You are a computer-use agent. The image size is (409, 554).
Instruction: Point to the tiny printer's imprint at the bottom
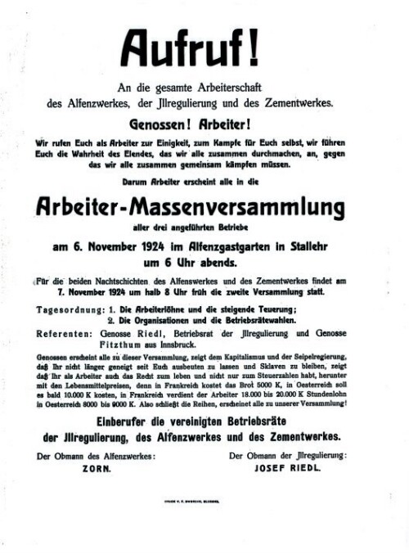[204, 519]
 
